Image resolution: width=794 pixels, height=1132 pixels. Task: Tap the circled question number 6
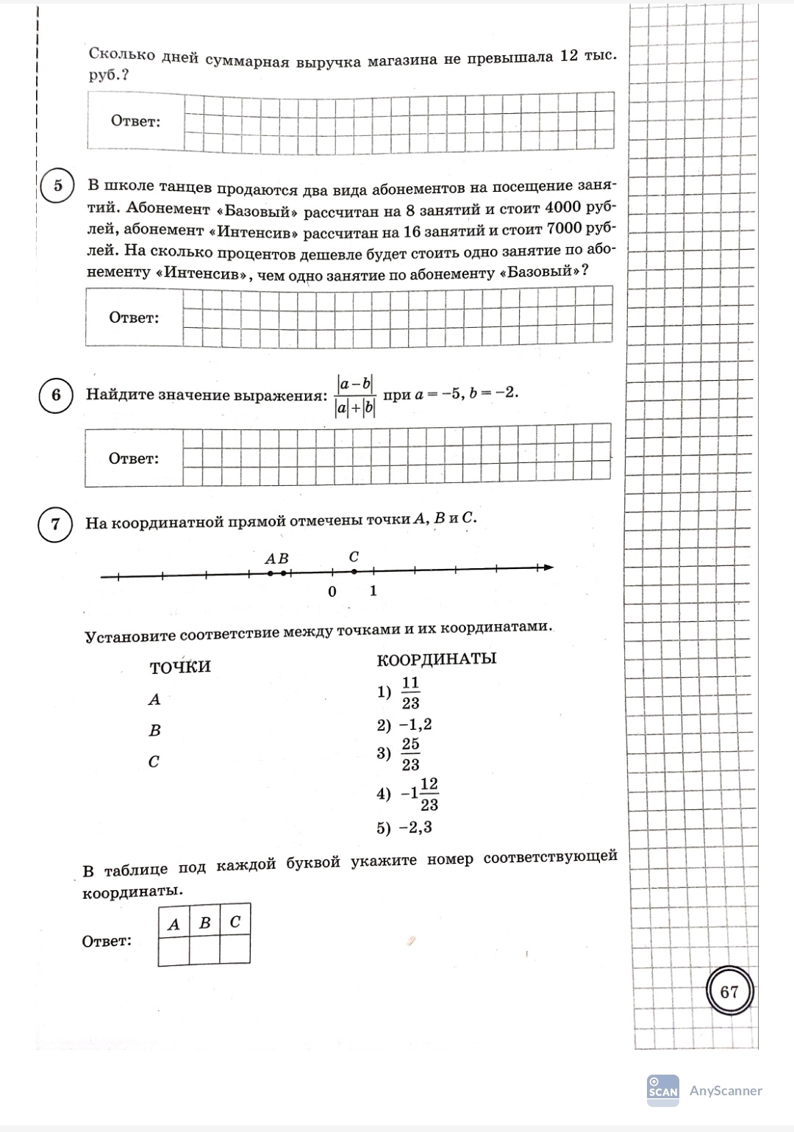coord(56,395)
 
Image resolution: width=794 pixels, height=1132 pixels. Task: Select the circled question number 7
coord(55,525)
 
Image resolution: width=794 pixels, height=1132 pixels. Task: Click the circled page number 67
coord(729,992)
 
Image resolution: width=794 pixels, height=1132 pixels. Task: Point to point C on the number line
coord(354,570)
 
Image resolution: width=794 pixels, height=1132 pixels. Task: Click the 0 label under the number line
coord(332,592)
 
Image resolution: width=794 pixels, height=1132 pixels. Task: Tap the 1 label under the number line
coord(373,590)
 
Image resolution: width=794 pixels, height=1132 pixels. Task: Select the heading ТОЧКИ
coord(180,667)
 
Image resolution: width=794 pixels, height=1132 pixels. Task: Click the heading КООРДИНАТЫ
coord(436,659)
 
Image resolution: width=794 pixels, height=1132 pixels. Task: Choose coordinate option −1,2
coord(415,725)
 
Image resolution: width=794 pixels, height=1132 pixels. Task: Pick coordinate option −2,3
coord(415,828)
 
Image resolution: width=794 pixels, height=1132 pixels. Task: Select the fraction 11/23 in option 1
coord(410,692)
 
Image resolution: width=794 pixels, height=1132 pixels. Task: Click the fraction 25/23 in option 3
coord(410,754)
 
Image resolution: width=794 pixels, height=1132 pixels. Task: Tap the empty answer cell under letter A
coord(174,949)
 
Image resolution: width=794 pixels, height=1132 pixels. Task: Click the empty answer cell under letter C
coord(235,949)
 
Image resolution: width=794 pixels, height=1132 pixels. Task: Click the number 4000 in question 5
coord(562,209)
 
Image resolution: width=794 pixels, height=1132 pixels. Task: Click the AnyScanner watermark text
coord(726,1091)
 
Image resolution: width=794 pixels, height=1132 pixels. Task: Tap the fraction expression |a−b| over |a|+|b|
coord(356,395)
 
